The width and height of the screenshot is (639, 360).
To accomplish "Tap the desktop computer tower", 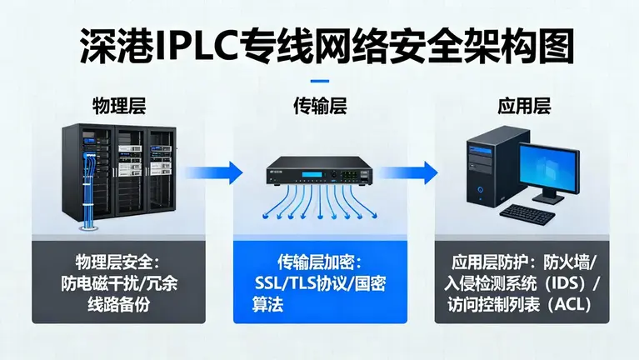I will [486, 170].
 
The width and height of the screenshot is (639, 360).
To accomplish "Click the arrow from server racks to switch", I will [214, 172].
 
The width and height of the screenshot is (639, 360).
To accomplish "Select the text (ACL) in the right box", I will [570, 305].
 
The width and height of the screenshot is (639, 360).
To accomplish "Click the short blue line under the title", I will [319, 80].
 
